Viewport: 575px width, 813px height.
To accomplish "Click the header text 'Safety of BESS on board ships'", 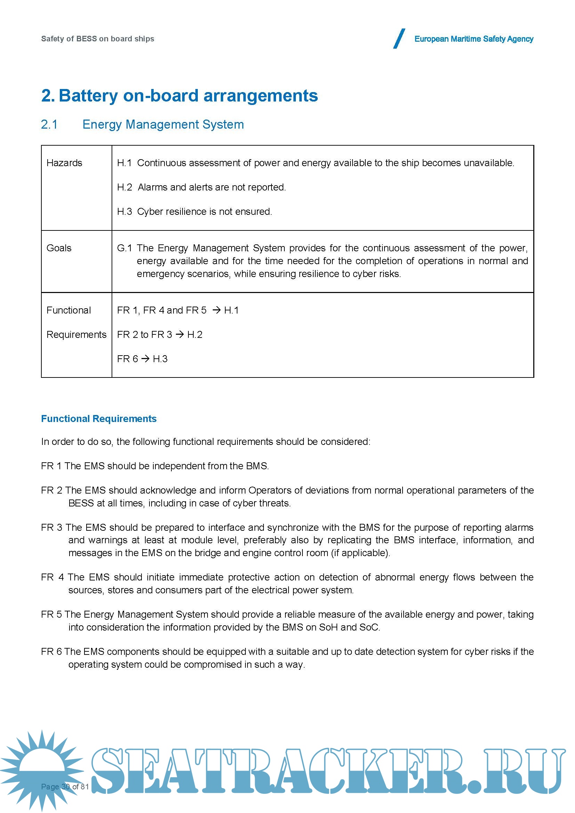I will tap(97, 39).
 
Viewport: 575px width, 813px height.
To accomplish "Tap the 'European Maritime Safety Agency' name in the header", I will tap(473, 39).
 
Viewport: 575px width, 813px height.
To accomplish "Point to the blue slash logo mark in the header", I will tap(399, 39).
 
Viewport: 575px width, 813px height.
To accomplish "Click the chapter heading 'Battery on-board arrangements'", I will tap(188, 96).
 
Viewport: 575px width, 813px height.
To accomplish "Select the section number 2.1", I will tap(49, 124).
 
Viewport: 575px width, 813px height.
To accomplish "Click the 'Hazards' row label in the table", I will tap(64, 163).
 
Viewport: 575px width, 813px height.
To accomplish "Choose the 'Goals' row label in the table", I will tap(59, 248).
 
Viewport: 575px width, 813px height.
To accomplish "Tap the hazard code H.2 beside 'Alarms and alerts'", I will tap(124, 187).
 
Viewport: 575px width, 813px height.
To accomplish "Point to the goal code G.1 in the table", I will tap(124, 248).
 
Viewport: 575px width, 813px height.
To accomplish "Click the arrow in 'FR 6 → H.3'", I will tap(145, 359).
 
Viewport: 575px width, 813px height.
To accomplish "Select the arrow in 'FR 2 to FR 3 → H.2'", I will tap(179, 334).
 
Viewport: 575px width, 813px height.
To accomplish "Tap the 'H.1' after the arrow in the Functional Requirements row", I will tap(232, 310).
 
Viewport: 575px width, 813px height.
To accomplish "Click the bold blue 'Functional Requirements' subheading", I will tap(99, 418).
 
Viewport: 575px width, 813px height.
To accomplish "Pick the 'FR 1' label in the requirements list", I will tap(51, 466).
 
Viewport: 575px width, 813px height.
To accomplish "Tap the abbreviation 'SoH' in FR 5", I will tap(328, 627).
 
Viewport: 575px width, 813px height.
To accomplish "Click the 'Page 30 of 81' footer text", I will tap(65, 787).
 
